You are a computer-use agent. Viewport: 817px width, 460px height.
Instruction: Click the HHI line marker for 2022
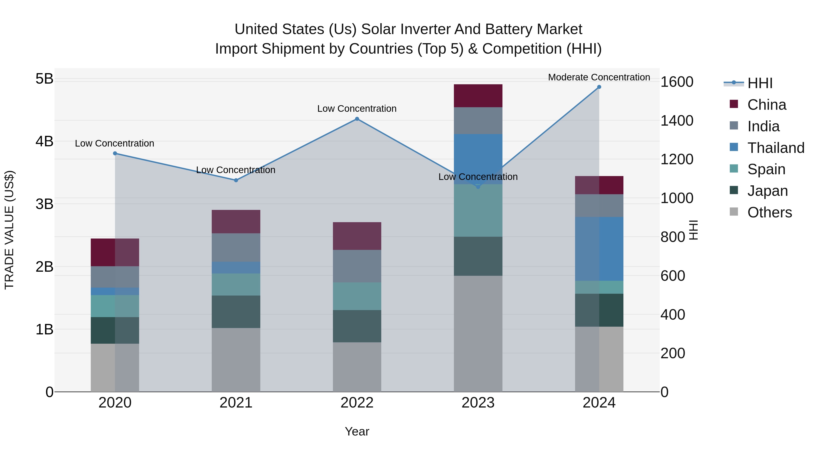tap(357, 119)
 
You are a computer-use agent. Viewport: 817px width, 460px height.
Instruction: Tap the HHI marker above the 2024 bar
tap(599, 87)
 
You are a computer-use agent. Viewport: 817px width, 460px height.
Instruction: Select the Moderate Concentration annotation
tap(599, 77)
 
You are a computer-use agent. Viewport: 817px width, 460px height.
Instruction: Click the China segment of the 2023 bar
tap(478, 96)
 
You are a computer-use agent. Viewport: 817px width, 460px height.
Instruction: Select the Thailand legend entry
tap(775, 148)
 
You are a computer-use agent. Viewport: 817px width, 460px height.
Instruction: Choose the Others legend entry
tap(769, 212)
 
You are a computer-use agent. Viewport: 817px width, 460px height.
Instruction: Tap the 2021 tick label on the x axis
tap(236, 403)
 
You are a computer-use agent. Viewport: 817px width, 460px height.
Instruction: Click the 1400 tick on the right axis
tap(677, 121)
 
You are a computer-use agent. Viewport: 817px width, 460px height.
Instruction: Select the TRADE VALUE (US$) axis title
tap(10, 230)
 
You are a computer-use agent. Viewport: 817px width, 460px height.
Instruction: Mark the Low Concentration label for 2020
tap(115, 144)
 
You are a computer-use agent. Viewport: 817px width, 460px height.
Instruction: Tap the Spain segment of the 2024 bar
tap(599, 287)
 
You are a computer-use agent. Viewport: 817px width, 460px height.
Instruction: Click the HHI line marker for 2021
tap(236, 180)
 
